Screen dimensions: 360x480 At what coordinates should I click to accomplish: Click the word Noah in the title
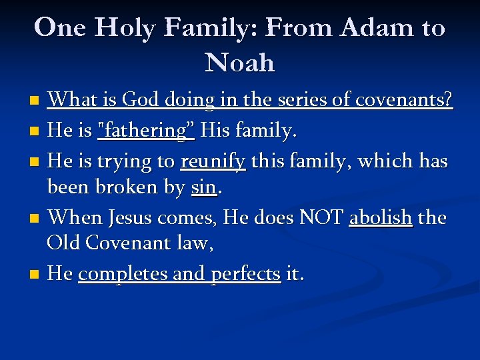coord(240,63)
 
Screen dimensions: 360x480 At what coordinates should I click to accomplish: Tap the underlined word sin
coord(204,188)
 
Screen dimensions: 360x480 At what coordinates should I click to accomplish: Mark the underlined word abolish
coord(381,217)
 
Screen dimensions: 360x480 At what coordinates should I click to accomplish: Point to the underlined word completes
coord(111,273)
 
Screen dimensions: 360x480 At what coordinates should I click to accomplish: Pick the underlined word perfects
coord(245,273)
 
